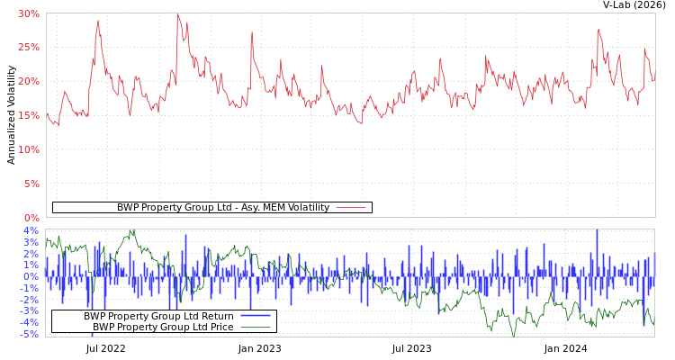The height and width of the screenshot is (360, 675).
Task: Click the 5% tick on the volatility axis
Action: tap(31, 184)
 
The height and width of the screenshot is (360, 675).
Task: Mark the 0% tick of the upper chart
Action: tap(31, 218)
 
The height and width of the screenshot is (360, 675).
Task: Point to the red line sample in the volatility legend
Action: tap(350, 208)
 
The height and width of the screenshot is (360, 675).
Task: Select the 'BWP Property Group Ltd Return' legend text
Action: tap(158, 316)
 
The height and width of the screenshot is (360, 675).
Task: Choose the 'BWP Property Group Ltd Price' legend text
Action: tap(163, 327)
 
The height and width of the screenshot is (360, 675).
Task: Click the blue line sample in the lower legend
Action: tap(256, 317)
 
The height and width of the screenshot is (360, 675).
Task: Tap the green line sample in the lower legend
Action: tap(256, 328)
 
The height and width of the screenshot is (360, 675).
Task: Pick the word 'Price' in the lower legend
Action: tap(220, 327)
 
